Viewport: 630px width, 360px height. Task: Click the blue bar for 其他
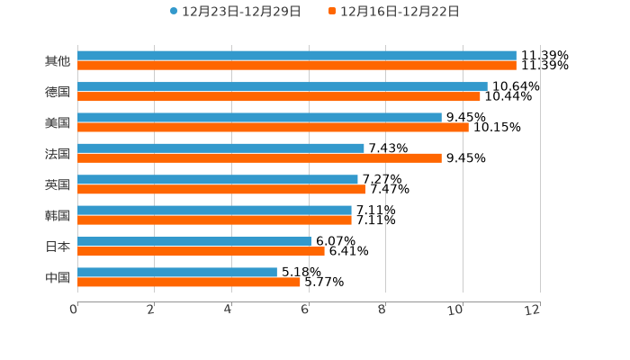click(297, 56)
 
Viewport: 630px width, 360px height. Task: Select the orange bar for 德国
click(279, 96)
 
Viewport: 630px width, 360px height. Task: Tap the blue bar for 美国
click(259, 117)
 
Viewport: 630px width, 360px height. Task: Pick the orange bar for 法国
click(259, 157)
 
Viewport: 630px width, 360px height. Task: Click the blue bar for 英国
click(218, 179)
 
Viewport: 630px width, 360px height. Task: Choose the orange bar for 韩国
click(214, 220)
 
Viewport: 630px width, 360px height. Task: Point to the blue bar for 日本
click(194, 241)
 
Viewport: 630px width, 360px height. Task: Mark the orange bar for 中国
click(189, 282)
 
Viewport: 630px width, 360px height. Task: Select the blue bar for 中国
click(177, 272)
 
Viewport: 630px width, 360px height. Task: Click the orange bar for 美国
click(273, 127)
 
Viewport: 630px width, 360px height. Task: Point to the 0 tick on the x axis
click(74, 310)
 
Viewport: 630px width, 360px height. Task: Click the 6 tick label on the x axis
click(305, 310)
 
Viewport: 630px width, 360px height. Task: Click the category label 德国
click(58, 92)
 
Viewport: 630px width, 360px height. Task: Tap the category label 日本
click(58, 246)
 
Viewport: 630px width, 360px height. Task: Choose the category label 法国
click(58, 153)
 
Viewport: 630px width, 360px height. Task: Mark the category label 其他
click(58, 61)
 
